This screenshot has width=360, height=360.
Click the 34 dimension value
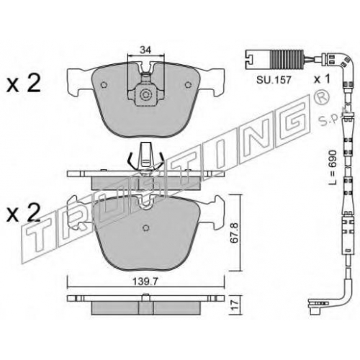pos(145,50)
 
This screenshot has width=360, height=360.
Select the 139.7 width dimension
pos(145,282)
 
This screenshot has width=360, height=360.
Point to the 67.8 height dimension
pos(234,233)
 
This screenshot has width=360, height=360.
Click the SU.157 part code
pos(274,80)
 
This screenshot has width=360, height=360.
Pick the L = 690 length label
pos(333,167)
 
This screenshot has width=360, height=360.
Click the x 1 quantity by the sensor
pos(323,79)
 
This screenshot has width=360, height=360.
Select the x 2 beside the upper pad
pos(23,84)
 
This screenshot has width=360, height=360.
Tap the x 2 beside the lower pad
pos(23,213)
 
